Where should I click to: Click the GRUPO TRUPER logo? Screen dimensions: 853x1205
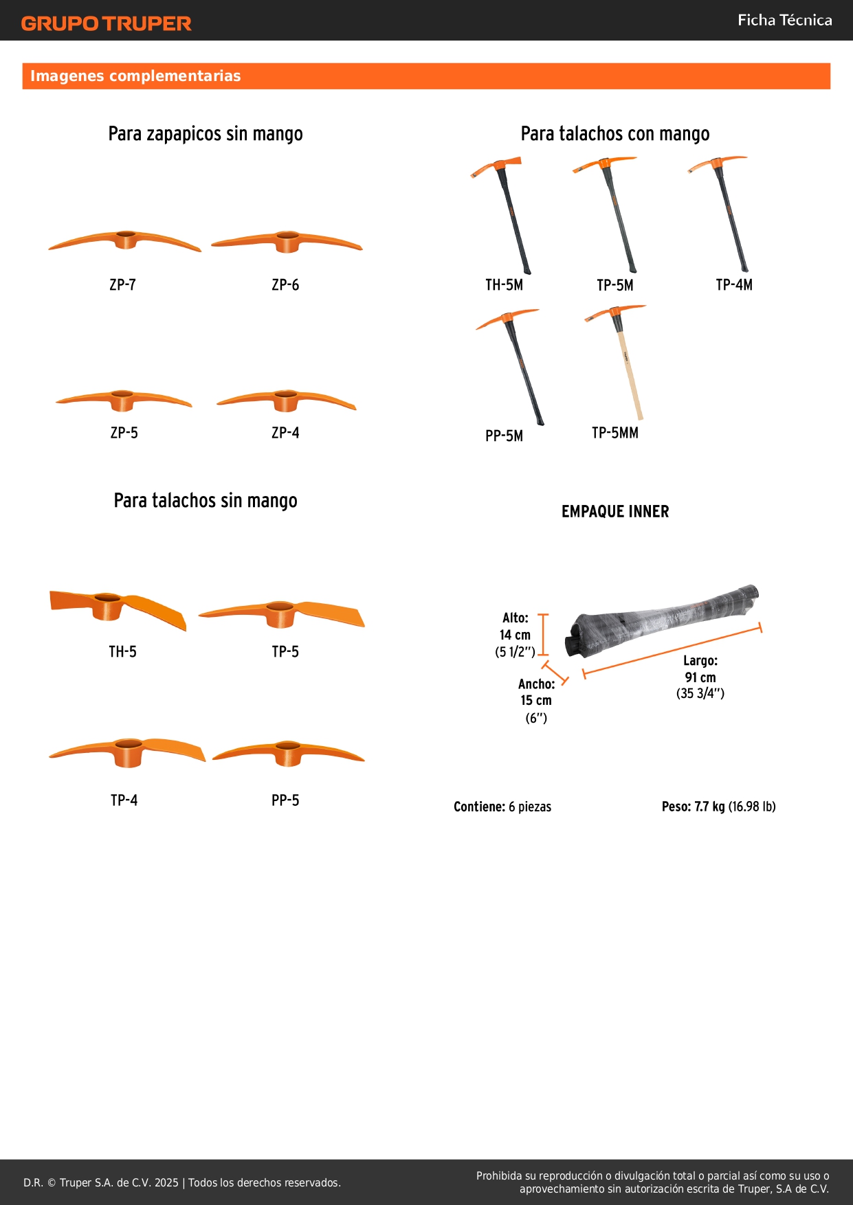107,23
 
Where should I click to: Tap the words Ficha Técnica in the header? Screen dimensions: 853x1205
784,20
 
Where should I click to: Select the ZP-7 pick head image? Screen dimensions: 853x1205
125,241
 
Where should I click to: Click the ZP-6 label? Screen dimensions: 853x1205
285,285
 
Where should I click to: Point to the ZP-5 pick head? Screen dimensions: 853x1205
124,400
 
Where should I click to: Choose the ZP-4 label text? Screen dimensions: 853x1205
285,433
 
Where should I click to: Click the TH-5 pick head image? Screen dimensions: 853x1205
118,607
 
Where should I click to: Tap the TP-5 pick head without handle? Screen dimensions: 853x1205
281,613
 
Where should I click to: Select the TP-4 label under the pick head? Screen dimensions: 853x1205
124,800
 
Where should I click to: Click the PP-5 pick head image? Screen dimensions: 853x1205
288,753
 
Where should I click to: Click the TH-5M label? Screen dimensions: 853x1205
505,285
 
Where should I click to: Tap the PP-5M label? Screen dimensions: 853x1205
505,436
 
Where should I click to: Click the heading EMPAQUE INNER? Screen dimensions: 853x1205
615,511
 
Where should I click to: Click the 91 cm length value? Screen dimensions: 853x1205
700,677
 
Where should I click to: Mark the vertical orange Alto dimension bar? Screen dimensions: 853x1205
543,635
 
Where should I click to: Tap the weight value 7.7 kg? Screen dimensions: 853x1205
709,807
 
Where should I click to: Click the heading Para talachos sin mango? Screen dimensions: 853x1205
206,501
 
